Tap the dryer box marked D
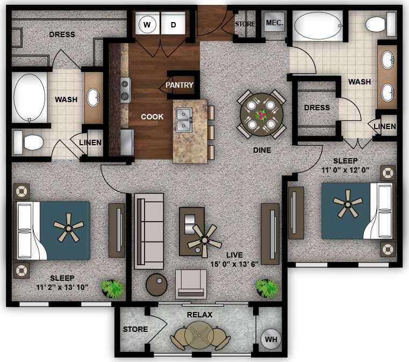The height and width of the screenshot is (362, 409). pos(174,24)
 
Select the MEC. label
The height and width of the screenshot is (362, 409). pos(274,23)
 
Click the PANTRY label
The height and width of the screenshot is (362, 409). pos(179,85)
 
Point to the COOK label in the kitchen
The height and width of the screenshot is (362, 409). pos(152,117)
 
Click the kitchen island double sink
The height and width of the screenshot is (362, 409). pos(184,119)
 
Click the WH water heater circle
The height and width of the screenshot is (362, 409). pos(271,340)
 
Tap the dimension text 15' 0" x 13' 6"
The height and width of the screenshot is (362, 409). pos(234,264)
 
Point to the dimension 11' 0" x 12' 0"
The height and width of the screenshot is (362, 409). pos(345,170)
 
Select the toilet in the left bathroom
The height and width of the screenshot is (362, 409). pos(29,143)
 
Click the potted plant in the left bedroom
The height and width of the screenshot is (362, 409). pos(113,288)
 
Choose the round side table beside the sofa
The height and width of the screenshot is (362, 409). pos(156,285)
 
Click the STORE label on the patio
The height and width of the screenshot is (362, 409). pos(135,329)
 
